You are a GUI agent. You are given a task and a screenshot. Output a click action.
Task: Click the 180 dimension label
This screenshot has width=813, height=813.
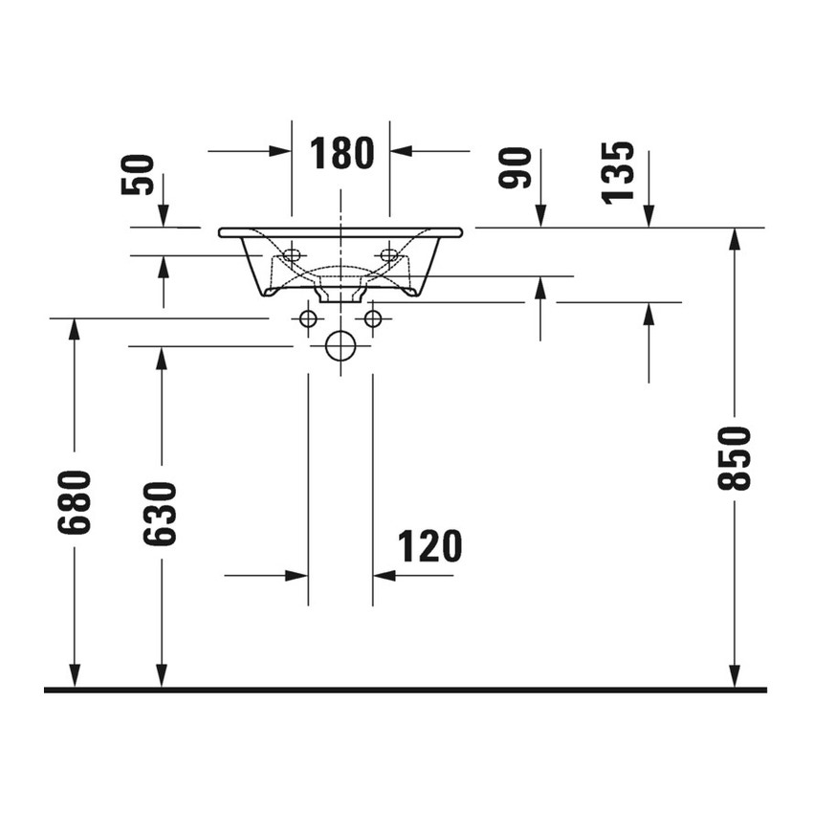tap(341, 153)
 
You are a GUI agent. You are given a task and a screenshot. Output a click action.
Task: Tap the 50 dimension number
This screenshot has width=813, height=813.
tap(138, 175)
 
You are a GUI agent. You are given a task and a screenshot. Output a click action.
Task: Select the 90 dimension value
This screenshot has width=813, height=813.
tap(515, 167)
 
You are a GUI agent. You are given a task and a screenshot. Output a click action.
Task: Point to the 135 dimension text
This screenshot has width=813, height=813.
tap(618, 173)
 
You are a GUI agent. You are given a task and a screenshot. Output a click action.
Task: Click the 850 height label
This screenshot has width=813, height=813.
tap(734, 458)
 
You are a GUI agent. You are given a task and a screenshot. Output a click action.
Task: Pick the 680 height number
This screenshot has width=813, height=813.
tap(75, 502)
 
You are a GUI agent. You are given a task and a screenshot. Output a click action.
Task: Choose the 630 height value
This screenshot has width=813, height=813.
tap(160, 514)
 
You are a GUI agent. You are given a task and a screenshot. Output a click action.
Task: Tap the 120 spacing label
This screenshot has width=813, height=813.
tap(429, 546)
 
